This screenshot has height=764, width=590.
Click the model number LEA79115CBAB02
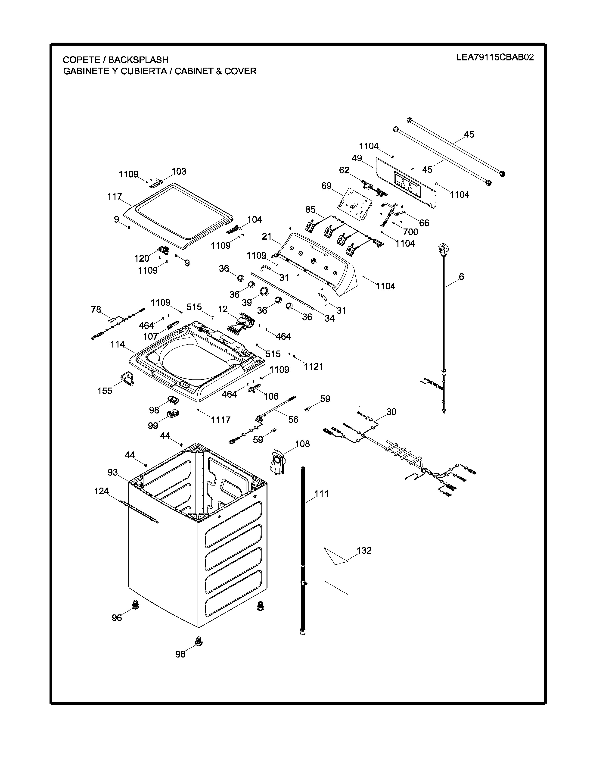pyautogui.click(x=495, y=57)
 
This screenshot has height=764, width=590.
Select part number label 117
pyautogui.click(x=115, y=197)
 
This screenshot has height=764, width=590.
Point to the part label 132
pyautogui.click(x=364, y=550)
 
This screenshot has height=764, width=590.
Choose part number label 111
pyautogui.click(x=321, y=494)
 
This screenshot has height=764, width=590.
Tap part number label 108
pyautogui.click(x=302, y=444)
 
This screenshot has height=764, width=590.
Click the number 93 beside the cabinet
pyautogui.click(x=112, y=472)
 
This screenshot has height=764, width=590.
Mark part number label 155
pyautogui.click(x=105, y=391)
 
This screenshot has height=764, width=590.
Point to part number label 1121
pyautogui.click(x=314, y=367)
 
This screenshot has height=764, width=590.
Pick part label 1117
pyautogui.click(x=220, y=420)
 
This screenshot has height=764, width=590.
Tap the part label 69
pyautogui.click(x=326, y=186)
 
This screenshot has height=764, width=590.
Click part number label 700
pyautogui.click(x=410, y=232)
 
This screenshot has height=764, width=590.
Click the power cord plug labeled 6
pyautogui.click(x=442, y=250)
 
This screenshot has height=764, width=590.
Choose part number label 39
pyautogui.click(x=247, y=302)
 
